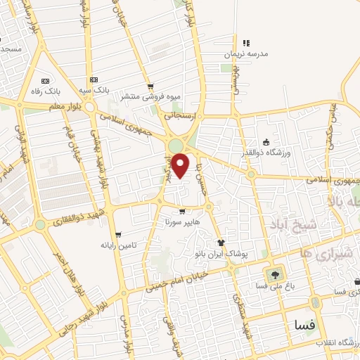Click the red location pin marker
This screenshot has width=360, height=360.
tap(181, 165)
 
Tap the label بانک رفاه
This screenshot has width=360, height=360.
tap(45, 91)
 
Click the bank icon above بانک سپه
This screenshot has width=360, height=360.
tap(94, 79)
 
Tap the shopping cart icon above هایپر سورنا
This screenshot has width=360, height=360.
tap(182, 211)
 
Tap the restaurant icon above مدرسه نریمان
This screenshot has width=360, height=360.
tap(246, 44)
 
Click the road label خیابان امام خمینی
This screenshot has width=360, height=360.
tap(177, 280)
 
